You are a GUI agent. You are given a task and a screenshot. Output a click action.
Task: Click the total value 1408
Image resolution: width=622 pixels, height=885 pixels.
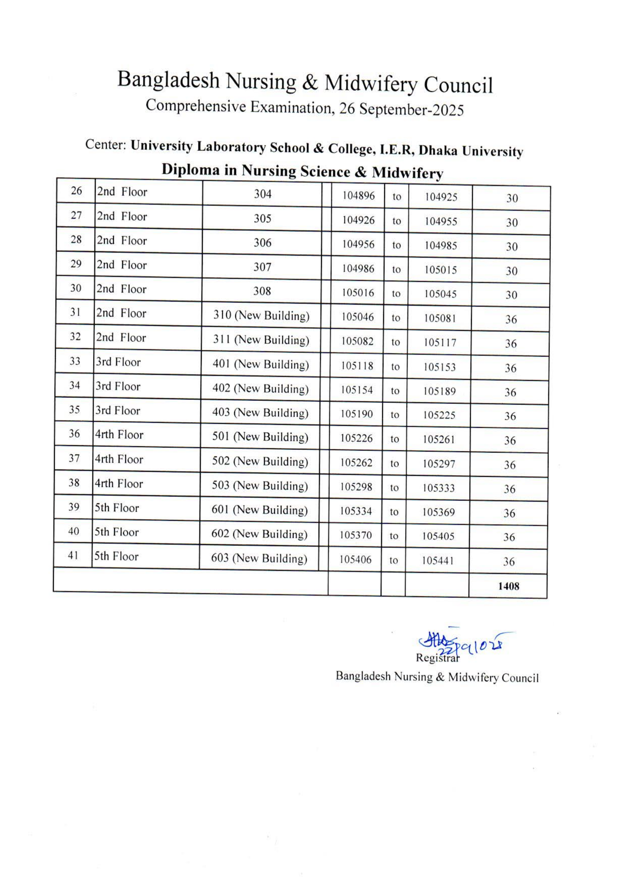508,586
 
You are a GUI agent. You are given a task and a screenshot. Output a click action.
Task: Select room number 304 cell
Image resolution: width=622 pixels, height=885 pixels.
263,194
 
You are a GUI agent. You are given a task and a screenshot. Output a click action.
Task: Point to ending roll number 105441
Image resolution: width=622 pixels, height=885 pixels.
437,560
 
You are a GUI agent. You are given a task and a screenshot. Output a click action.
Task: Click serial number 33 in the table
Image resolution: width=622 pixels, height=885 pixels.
75,361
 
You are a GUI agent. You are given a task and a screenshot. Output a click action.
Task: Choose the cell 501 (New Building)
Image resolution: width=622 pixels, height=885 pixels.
260,437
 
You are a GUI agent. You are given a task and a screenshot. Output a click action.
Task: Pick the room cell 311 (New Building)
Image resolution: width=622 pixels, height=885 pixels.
261,340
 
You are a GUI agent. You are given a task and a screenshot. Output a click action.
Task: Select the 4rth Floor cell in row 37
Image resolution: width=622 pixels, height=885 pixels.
119,459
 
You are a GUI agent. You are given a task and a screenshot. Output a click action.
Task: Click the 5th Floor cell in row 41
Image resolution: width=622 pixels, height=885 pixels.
116,556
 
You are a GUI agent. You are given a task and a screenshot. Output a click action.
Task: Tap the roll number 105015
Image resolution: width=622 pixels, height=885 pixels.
440,270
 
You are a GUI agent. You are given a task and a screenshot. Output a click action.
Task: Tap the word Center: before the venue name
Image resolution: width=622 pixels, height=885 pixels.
106,145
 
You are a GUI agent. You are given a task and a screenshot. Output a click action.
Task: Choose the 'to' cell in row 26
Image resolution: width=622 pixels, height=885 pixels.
397,197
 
